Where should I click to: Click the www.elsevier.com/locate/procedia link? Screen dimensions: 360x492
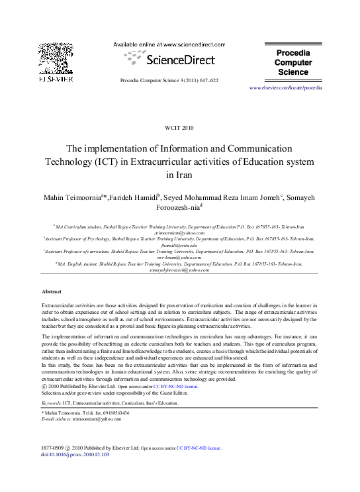[286, 87]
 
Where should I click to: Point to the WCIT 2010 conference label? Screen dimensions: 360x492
[179, 127]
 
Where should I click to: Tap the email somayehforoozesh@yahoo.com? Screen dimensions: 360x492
[180, 270]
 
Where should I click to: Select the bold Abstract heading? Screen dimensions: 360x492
[52, 291]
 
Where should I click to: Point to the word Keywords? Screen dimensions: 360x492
[51, 402]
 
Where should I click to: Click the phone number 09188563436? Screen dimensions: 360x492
[126, 413]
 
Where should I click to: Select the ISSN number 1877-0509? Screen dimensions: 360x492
[53, 448]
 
